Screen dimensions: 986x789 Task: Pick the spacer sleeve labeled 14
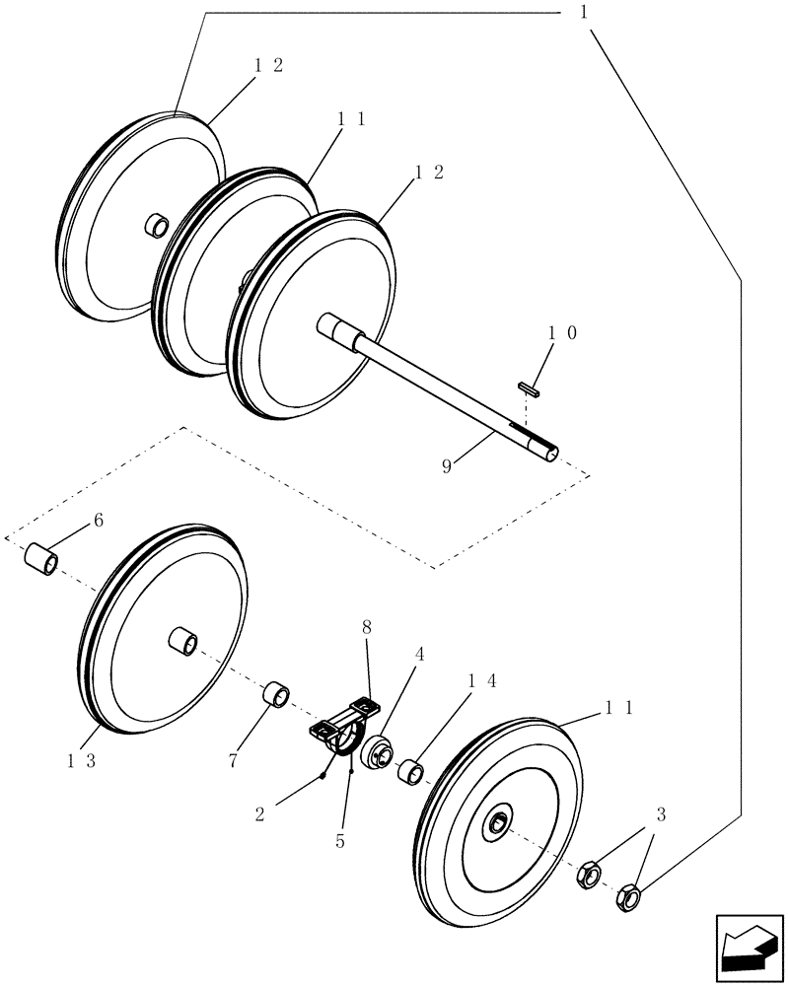point(411,771)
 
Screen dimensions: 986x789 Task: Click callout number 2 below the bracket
point(259,813)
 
